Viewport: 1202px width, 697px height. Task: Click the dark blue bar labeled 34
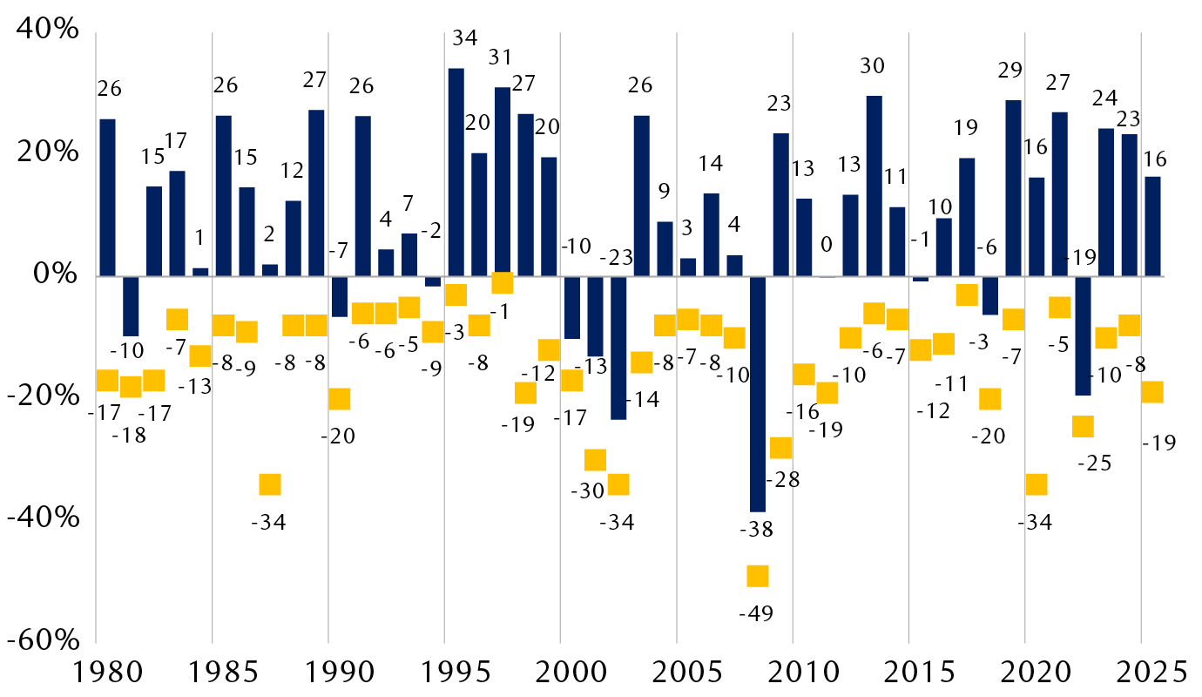click(456, 172)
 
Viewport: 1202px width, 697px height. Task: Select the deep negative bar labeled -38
click(758, 394)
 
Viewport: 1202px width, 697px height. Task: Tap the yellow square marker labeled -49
click(758, 576)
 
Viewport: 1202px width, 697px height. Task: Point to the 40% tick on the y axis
click(44, 30)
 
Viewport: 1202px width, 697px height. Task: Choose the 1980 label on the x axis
click(96, 672)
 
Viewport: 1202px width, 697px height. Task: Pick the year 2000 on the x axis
click(560, 672)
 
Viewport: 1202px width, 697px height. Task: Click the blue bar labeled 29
click(1013, 188)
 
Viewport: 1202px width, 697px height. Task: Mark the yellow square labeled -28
click(780, 448)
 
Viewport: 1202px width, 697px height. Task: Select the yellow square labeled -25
click(1083, 426)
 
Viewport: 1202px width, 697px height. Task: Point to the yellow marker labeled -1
click(503, 282)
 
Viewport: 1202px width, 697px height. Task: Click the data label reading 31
click(499, 57)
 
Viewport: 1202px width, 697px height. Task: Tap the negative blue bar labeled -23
click(618, 348)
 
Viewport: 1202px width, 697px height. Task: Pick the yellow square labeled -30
click(595, 460)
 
